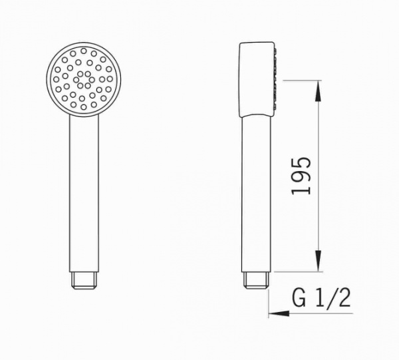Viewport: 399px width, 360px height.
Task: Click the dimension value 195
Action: tap(301, 176)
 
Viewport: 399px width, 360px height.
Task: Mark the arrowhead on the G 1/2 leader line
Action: tap(272, 313)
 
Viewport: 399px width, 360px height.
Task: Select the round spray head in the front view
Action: tap(84, 80)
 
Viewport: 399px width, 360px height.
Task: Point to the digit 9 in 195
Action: tap(301, 176)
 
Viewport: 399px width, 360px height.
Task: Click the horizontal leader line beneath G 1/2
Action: tap(313, 313)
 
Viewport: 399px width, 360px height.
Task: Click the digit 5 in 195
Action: tap(301, 163)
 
